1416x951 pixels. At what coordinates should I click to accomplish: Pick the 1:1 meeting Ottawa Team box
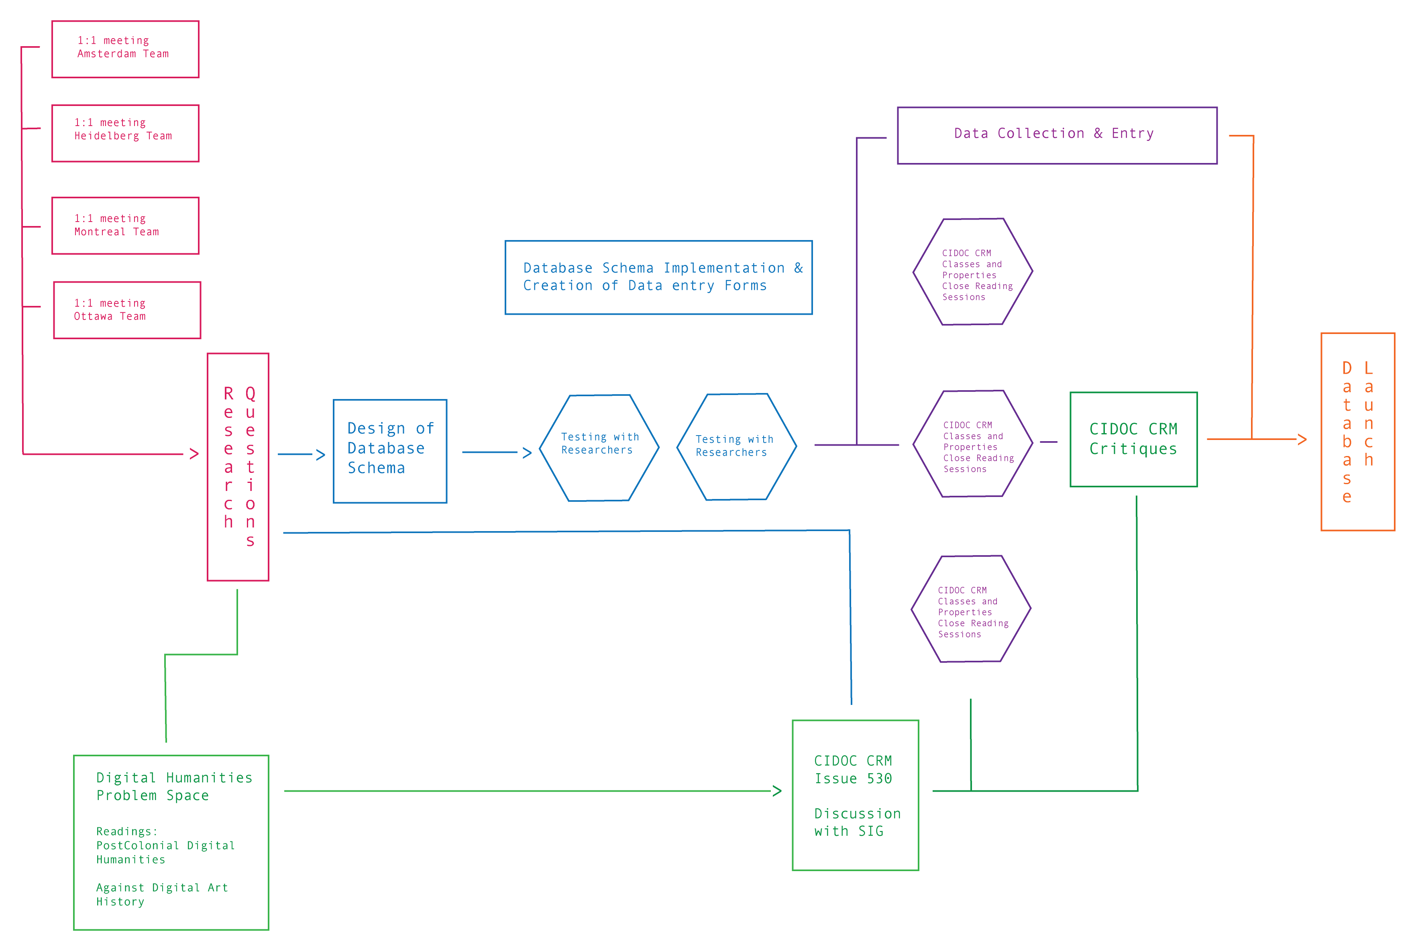point(127,310)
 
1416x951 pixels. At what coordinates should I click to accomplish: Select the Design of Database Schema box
point(390,451)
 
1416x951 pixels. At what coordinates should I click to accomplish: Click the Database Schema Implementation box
point(658,277)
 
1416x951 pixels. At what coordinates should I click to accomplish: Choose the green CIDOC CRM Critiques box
point(1133,439)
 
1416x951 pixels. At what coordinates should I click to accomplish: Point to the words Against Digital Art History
point(161,894)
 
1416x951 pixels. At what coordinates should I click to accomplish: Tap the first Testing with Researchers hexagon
point(599,448)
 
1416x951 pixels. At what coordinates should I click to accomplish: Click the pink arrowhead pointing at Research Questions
point(194,454)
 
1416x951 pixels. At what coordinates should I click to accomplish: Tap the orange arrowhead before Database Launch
point(1302,439)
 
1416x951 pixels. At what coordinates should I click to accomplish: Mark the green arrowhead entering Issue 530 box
point(777,791)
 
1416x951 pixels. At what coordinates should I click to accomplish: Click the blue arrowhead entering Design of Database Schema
point(321,455)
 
